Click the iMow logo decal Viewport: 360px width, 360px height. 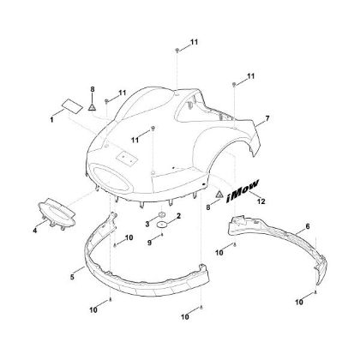point(243,191)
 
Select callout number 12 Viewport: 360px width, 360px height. point(261,201)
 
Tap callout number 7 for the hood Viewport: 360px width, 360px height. point(267,118)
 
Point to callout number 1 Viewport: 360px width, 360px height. point(51,120)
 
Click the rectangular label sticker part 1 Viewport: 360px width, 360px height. point(73,105)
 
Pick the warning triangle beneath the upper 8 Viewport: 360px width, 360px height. point(92,107)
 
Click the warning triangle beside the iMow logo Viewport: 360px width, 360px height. point(219,194)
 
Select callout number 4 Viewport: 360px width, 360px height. point(35,230)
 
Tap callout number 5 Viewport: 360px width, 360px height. point(72,277)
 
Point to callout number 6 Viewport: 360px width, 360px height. point(308,226)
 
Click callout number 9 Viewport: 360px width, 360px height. point(149,243)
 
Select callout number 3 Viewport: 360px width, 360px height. point(147,225)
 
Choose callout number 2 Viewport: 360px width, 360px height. point(179,216)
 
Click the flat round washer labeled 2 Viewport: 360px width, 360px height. point(162,225)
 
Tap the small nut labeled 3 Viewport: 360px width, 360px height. point(162,214)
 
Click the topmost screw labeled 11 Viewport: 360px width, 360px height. point(177,51)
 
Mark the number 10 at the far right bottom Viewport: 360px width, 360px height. point(299,302)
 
